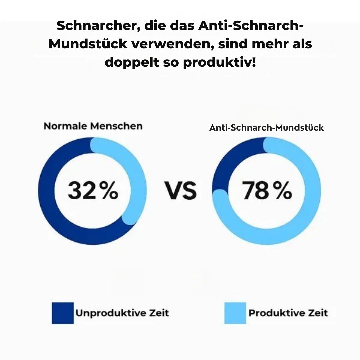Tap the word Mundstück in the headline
tap(87, 44)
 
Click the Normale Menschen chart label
tap(93, 126)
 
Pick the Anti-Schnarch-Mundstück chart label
tap(266, 128)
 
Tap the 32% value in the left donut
tap(93, 191)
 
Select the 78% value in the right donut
tap(267, 191)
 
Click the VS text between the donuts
tap(181, 191)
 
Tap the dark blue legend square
tap(63, 313)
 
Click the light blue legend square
tap(235, 313)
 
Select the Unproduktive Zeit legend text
tap(122, 313)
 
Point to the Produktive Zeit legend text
tap(288, 313)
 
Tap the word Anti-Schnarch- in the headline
tap(251, 26)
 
